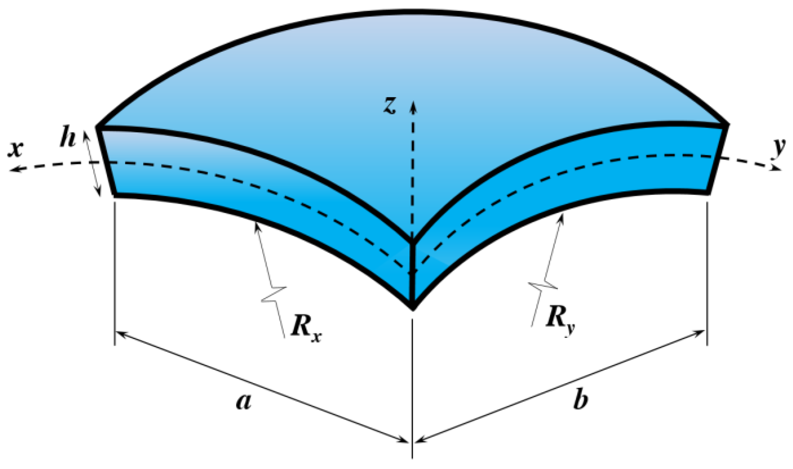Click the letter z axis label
(389, 105)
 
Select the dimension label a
(244, 401)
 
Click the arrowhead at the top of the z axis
(413, 106)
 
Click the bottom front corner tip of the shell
(413, 308)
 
